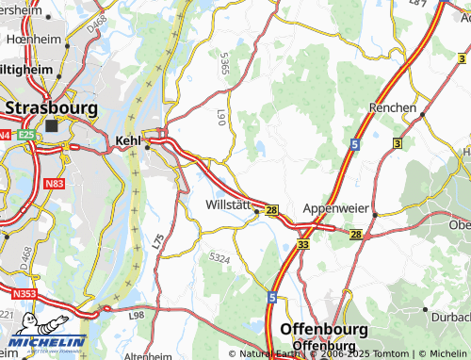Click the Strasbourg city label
click(51, 107)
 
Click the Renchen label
click(393, 107)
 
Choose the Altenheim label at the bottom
click(149, 355)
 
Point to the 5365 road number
click(223, 64)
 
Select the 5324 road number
click(219, 257)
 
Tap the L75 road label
click(157, 241)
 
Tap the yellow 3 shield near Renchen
click(397, 142)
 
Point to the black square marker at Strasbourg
click(51, 125)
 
